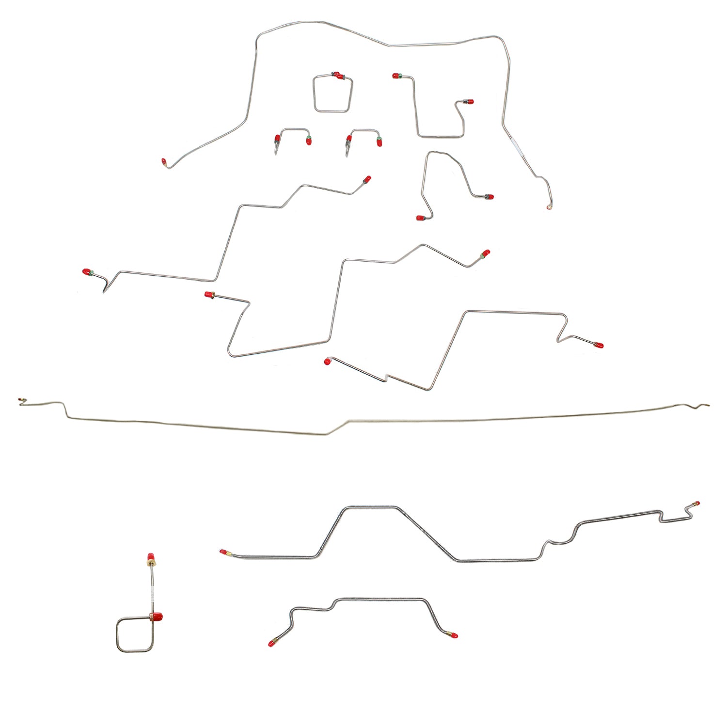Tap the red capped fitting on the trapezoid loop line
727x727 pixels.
click(338, 76)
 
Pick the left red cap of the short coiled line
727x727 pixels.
click(271, 643)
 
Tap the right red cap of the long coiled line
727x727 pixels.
click(696, 504)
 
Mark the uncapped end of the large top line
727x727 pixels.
click(549, 207)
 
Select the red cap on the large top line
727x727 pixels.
click(164, 161)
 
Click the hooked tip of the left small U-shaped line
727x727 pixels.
click(276, 152)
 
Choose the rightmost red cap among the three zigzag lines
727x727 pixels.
click(599, 346)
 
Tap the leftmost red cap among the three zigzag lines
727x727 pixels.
click(87, 272)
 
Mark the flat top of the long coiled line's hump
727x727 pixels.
click(371, 508)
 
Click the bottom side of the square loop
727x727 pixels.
click(135, 650)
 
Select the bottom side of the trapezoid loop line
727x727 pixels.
click(332, 111)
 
